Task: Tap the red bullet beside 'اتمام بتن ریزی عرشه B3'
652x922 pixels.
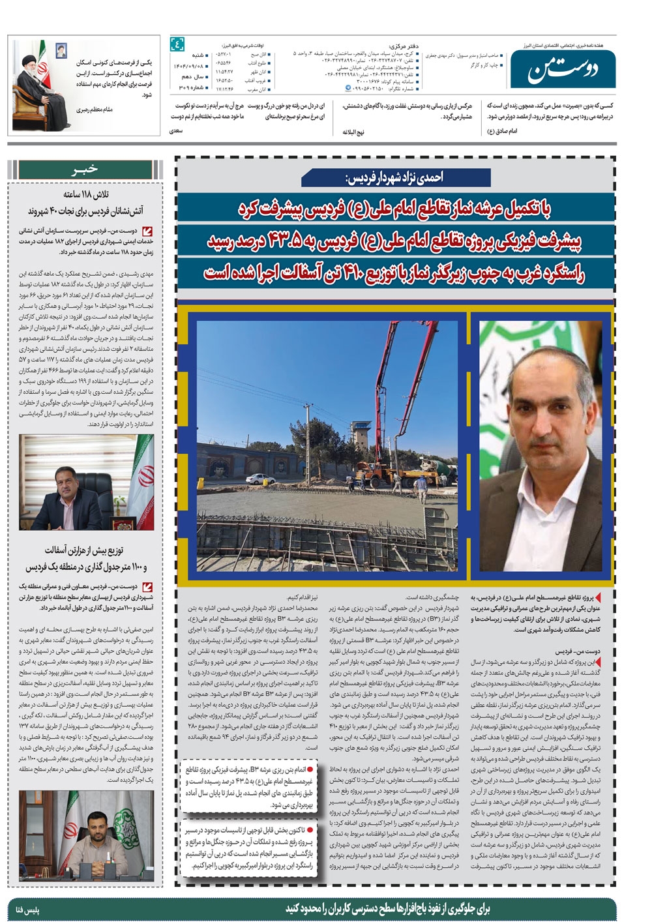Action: tap(310, 769)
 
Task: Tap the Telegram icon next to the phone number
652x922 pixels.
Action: tap(347, 87)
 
